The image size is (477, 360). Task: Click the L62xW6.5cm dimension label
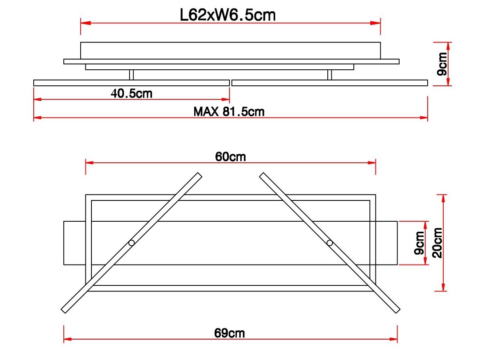pos(228,15)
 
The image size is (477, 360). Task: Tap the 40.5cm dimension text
pos(132,93)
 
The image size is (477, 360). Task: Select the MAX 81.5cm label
pos(229,111)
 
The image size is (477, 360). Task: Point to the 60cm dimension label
pos(230,157)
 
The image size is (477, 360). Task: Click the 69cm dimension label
pos(229,333)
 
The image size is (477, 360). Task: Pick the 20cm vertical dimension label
pos(437,243)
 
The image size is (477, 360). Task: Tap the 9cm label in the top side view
pos(442,64)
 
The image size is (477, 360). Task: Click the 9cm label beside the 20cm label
pos(419,243)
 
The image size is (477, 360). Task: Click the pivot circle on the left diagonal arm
pos(132,243)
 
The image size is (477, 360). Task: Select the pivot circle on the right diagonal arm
pos(329,243)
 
